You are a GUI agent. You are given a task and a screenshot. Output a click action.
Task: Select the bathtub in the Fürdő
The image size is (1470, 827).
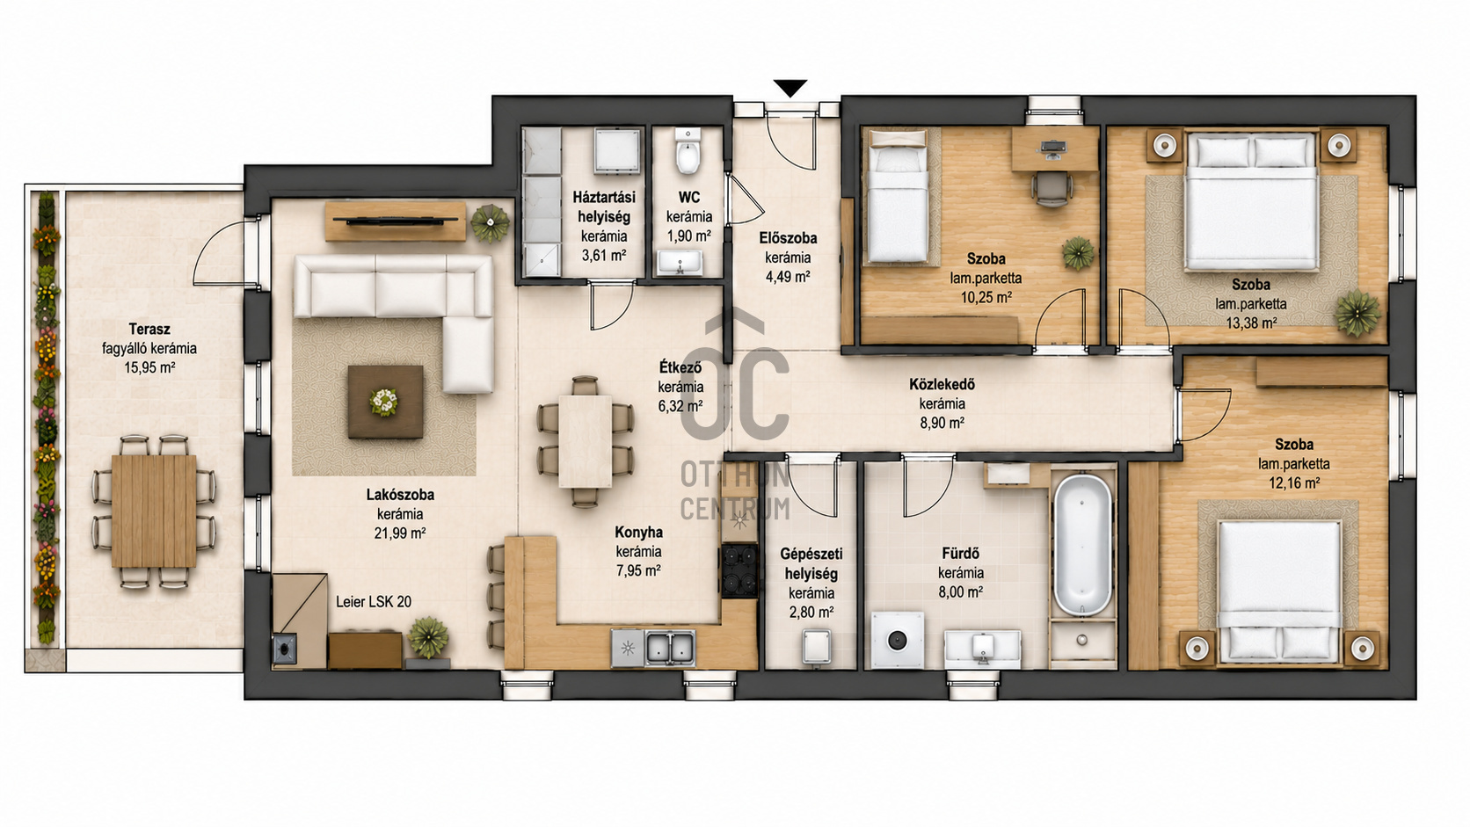click(1083, 544)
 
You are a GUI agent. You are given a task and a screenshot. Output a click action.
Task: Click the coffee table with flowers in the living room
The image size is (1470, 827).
click(385, 402)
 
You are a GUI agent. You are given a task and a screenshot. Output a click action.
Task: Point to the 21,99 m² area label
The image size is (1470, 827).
click(400, 533)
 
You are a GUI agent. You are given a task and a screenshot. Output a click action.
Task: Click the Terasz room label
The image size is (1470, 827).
click(149, 329)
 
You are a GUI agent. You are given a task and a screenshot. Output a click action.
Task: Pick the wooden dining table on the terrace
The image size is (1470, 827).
click(154, 511)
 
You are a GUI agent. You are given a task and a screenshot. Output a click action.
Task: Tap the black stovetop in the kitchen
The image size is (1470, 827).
click(739, 570)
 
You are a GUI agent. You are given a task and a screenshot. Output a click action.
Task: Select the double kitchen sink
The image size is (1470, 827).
click(670, 648)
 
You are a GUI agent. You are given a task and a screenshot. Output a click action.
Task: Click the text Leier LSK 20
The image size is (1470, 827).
click(374, 601)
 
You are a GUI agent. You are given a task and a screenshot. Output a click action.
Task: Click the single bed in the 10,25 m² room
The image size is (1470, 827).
click(898, 197)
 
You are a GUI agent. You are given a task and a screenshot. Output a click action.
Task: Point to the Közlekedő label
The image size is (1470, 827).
click(942, 384)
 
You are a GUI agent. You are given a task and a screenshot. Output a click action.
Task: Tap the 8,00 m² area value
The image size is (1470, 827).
click(960, 592)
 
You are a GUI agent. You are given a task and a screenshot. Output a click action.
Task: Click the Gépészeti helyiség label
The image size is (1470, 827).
click(811, 563)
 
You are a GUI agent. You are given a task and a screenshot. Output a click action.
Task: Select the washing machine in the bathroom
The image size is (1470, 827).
click(897, 640)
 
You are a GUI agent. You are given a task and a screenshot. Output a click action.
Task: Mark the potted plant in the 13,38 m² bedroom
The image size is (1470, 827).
click(1357, 313)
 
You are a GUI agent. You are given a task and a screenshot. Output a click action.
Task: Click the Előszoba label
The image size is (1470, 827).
click(788, 237)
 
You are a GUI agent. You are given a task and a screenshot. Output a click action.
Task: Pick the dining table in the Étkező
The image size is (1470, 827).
click(586, 440)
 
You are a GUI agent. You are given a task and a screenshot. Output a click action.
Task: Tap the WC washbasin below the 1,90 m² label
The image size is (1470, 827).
click(680, 264)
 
